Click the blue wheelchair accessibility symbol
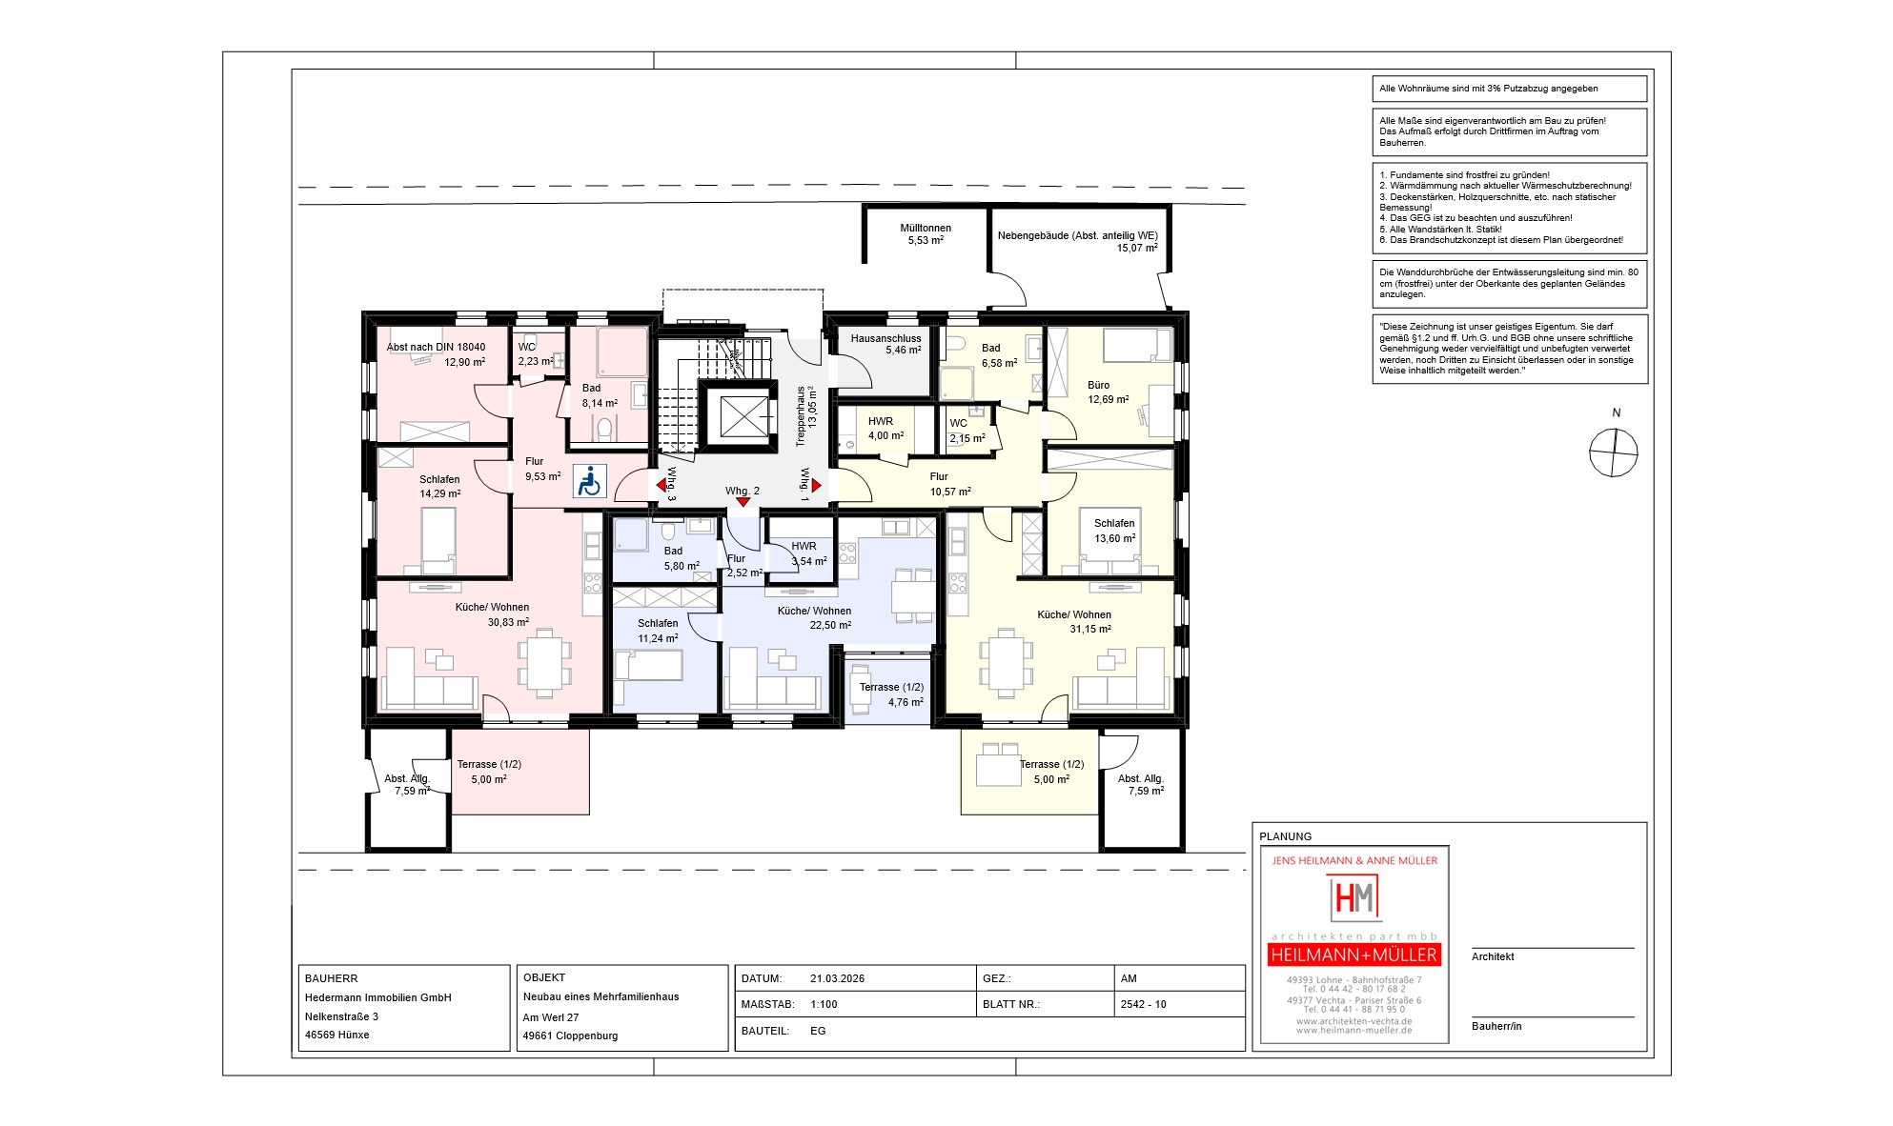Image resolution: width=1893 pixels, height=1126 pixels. coord(589,481)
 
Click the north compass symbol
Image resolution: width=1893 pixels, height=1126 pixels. coord(1614,452)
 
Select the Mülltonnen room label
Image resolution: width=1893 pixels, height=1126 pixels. coord(926,228)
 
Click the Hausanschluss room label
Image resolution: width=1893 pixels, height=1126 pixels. coord(885,338)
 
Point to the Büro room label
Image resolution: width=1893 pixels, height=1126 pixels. coord(1098,385)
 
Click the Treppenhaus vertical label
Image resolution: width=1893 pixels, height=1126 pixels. coord(801,416)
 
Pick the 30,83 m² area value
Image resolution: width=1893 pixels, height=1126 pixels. coord(508,622)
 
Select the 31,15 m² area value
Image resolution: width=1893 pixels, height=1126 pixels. coord(1089,629)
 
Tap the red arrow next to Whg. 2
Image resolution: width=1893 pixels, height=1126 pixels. coord(743,502)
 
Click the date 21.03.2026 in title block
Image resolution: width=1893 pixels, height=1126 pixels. coord(837,978)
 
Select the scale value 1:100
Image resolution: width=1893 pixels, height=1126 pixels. coord(824,1004)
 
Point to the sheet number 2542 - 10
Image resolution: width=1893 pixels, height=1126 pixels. coord(1143,1004)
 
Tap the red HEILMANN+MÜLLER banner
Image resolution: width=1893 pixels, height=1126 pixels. coord(1354,955)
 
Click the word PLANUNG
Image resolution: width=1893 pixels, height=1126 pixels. coord(1285,836)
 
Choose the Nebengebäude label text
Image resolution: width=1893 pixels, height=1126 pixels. coord(1078,235)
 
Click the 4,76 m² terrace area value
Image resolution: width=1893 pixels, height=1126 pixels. coord(906,702)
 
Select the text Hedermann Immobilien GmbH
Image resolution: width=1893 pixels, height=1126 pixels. coord(377,997)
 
